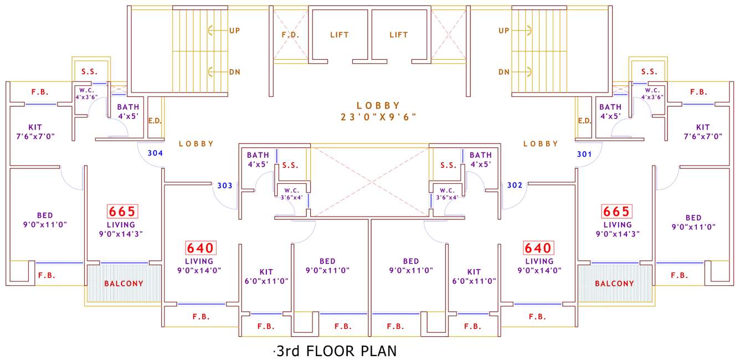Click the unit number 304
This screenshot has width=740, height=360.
click(x=155, y=153)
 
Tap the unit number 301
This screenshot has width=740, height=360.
click(x=584, y=153)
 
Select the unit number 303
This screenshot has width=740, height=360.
click(x=224, y=185)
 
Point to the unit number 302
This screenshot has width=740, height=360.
click(x=515, y=185)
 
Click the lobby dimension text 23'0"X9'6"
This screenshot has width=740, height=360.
click(x=378, y=117)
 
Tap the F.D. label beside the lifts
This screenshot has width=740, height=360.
click(x=290, y=34)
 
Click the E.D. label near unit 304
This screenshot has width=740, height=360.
click(x=155, y=121)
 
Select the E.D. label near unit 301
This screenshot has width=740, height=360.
click(x=584, y=121)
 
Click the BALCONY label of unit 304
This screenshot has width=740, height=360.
click(x=124, y=284)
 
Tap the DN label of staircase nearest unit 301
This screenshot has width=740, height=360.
click(x=503, y=72)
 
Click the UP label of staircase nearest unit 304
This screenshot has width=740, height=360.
click(x=234, y=30)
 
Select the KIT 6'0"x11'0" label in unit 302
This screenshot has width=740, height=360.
click(x=474, y=276)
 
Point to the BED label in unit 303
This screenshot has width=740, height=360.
click(x=327, y=261)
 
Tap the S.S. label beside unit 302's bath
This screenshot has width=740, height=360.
click(x=448, y=165)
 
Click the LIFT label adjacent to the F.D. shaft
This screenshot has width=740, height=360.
click(x=339, y=34)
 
